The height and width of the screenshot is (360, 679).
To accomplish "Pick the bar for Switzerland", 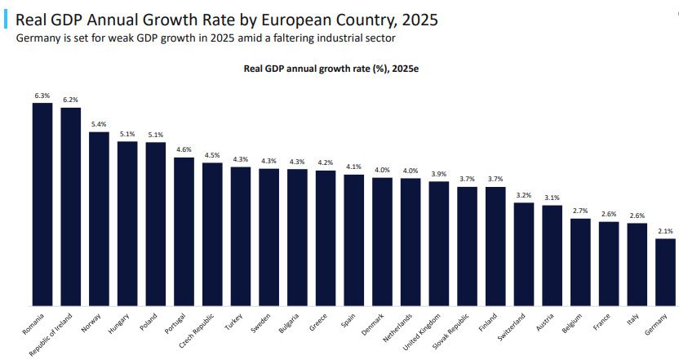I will [x=524, y=254].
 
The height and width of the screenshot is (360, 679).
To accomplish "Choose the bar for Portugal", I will [x=184, y=232].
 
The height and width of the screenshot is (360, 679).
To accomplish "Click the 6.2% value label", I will [x=71, y=100].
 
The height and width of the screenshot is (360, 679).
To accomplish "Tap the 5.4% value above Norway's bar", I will [x=99, y=124].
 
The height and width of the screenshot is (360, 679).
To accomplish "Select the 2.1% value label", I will [x=666, y=231].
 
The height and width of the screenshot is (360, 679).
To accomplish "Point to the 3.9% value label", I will [x=439, y=174].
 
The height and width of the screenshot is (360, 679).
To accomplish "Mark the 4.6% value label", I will [x=184, y=149].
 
